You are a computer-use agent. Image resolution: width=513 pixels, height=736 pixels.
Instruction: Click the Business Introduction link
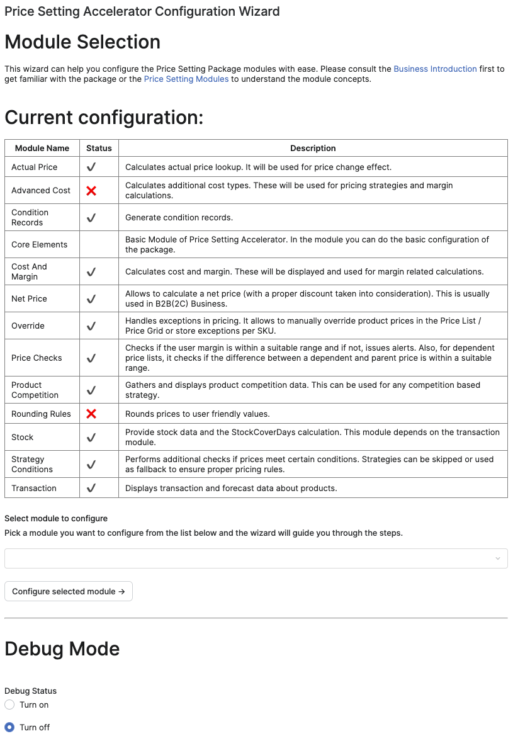435,69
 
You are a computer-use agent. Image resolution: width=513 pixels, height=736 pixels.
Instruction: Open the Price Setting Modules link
186,79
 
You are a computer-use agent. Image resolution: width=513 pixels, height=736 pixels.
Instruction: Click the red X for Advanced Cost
91,190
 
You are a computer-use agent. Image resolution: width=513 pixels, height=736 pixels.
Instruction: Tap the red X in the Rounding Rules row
91,414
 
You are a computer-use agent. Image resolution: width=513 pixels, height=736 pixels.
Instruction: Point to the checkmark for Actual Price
91,167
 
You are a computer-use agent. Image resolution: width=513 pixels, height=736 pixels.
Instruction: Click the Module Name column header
42,148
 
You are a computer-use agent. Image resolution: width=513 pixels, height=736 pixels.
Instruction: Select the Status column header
99,148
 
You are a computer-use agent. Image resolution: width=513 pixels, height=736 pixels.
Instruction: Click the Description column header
313,148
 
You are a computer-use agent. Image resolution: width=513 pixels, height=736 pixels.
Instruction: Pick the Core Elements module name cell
39,244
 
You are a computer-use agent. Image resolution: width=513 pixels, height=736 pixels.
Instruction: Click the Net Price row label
29,298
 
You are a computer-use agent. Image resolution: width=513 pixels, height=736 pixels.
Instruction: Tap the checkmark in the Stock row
91,437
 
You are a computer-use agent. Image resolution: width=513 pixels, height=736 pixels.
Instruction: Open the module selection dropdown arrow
498,558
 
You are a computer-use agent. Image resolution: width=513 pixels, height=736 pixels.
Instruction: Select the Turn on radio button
9,705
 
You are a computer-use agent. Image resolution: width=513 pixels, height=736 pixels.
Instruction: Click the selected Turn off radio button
9,727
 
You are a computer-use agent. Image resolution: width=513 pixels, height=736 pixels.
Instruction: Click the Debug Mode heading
62,648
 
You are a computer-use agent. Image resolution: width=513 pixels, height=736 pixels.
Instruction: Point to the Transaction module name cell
34,488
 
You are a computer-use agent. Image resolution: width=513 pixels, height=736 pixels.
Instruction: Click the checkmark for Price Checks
91,358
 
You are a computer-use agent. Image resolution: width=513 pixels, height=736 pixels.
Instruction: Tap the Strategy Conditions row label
32,464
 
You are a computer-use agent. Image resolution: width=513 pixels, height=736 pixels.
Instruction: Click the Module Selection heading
82,42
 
